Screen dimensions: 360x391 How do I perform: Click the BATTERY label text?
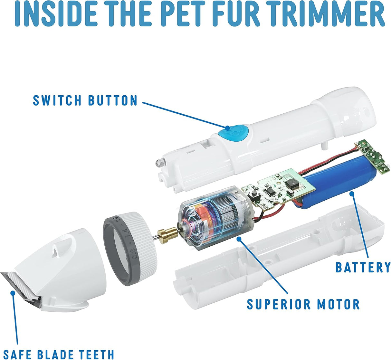363,267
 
